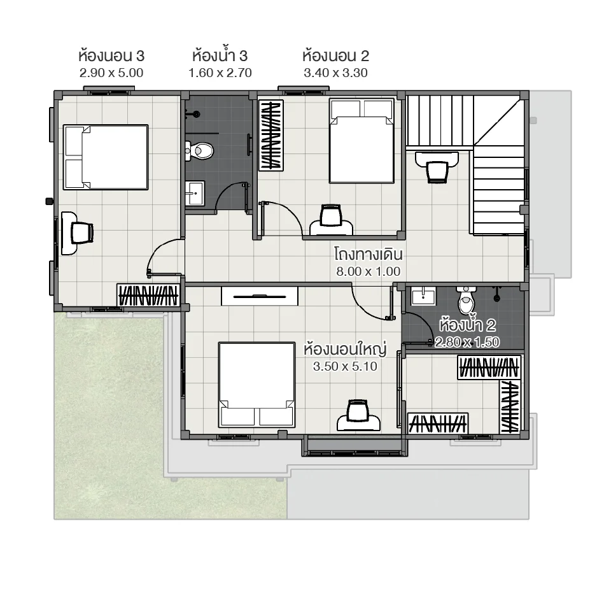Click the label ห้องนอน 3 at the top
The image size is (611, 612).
click(111, 56)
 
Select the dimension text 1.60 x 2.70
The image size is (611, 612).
click(220, 73)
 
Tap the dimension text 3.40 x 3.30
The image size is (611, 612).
click(335, 73)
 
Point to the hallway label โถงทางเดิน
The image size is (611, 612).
click(369, 255)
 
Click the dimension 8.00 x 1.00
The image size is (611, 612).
click(369, 271)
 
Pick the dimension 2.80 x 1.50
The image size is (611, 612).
click(467, 342)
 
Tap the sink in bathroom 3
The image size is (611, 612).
click(195, 192)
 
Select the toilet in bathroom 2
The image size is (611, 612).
click(467, 299)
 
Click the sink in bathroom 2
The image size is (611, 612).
click(423, 296)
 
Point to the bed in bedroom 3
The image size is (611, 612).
click(106, 157)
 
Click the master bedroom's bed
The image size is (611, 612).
click(256, 384)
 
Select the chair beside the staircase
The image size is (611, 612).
click(437, 171)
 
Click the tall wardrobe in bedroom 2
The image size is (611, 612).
click(270, 135)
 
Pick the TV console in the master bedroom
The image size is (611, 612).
click(260, 295)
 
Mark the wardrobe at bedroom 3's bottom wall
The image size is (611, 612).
click(148, 295)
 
